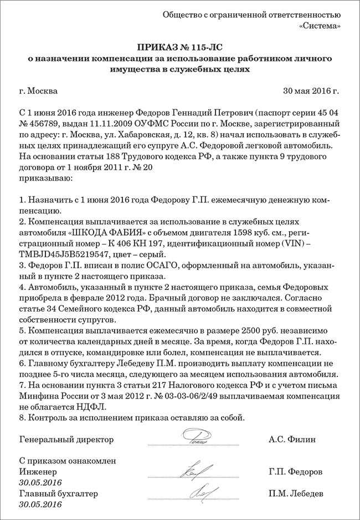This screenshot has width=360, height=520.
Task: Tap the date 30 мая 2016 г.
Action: [311, 91]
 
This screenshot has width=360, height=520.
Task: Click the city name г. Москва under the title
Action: [38, 91]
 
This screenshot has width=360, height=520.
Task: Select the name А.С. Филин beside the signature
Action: [292, 440]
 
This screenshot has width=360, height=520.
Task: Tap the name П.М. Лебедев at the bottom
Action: [295, 493]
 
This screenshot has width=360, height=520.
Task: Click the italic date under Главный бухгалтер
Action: [39, 504]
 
